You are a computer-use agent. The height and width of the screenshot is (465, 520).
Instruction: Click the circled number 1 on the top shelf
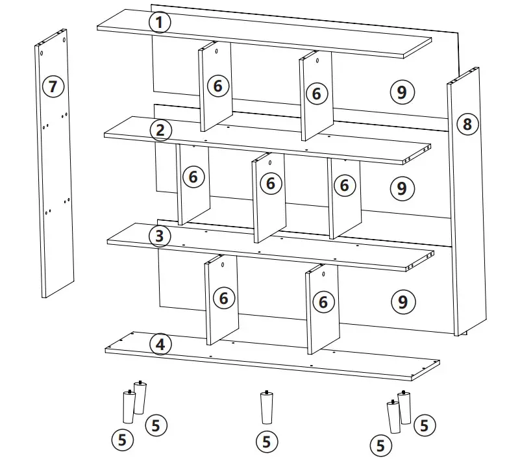160,23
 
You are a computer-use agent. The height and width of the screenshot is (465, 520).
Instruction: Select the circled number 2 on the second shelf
160,130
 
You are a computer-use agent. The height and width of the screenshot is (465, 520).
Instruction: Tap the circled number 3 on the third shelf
160,236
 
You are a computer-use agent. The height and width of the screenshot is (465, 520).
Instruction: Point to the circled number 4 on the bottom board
160,344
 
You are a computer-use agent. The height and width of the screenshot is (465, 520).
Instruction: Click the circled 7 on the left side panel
53,86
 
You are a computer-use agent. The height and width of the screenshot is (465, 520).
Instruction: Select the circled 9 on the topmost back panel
402,92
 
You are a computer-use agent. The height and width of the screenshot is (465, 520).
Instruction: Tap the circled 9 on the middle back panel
402,188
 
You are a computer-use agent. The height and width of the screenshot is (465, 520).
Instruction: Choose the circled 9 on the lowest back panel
402,301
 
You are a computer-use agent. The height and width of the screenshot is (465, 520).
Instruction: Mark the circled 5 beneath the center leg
266,442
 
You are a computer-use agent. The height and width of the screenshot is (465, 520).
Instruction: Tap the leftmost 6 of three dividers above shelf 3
193,176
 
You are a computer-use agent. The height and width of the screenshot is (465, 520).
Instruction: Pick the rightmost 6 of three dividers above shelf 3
344,186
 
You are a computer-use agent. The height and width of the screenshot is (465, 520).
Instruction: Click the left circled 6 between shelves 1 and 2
217,85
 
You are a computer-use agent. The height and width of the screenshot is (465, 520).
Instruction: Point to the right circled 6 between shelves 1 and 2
316,94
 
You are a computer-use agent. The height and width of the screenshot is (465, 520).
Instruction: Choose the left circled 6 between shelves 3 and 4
224,298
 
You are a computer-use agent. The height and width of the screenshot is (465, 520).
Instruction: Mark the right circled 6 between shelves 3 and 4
323,301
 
